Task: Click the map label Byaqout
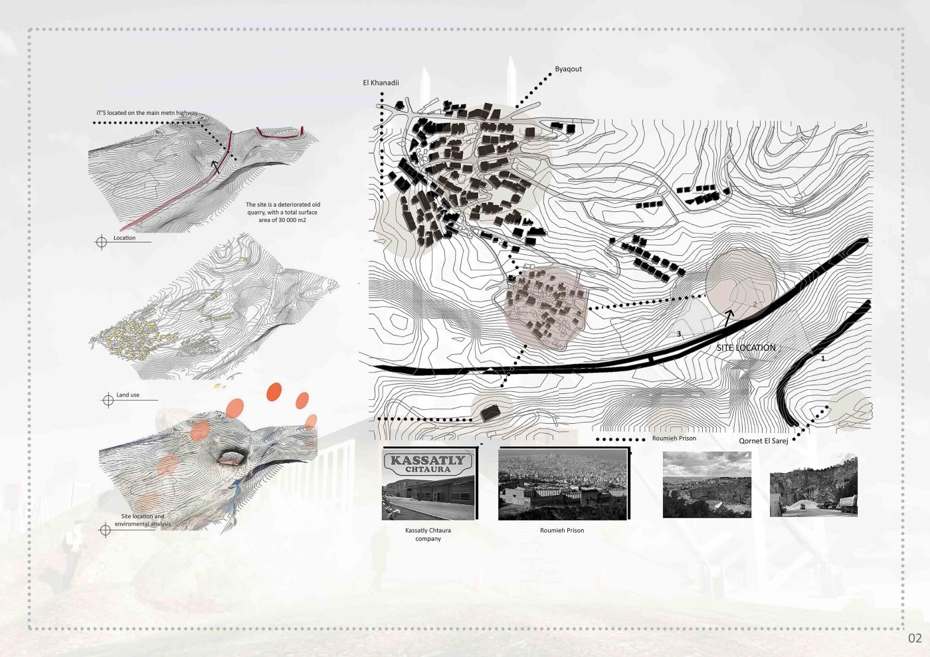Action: pyautogui.click(x=568, y=69)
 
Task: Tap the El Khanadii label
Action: pyautogui.click(x=381, y=82)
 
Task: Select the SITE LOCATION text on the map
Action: pyautogui.click(x=746, y=347)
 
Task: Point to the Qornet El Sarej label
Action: pyautogui.click(x=763, y=441)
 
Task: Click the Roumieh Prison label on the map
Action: pyautogui.click(x=674, y=438)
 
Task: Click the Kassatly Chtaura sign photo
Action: pyautogui.click(x=428, y=484)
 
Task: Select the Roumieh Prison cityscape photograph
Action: pyautogui.click(x=563, y=484)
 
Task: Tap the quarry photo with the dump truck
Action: pyautogui.click(x=813, y=487)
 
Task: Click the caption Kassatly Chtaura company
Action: pyautogui.click(x=428, y=535)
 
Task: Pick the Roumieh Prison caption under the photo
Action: pyautogui.click(x=562, y=530)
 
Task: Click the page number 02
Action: pyautogui.click(x=915, y=638)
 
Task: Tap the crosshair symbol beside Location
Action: pyautogui.click(x=101, y=241)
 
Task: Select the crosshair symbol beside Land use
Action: pyautogui.click(x=108, y=400)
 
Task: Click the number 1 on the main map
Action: pyautogui.click(x=823, y=359)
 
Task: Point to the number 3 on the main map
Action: pyautogui.click(x=679, y=334)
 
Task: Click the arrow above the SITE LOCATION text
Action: pyautogui.click(x=728, y=318)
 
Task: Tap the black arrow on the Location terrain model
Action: pyautogui.click(x=215, y=167)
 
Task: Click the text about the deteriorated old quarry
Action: pyautogui.click(x=283, y=212)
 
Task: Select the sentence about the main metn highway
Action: pyautogui.click(x=147, y=113)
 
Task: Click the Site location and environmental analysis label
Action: pyautogui.click(x=142, y=520)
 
